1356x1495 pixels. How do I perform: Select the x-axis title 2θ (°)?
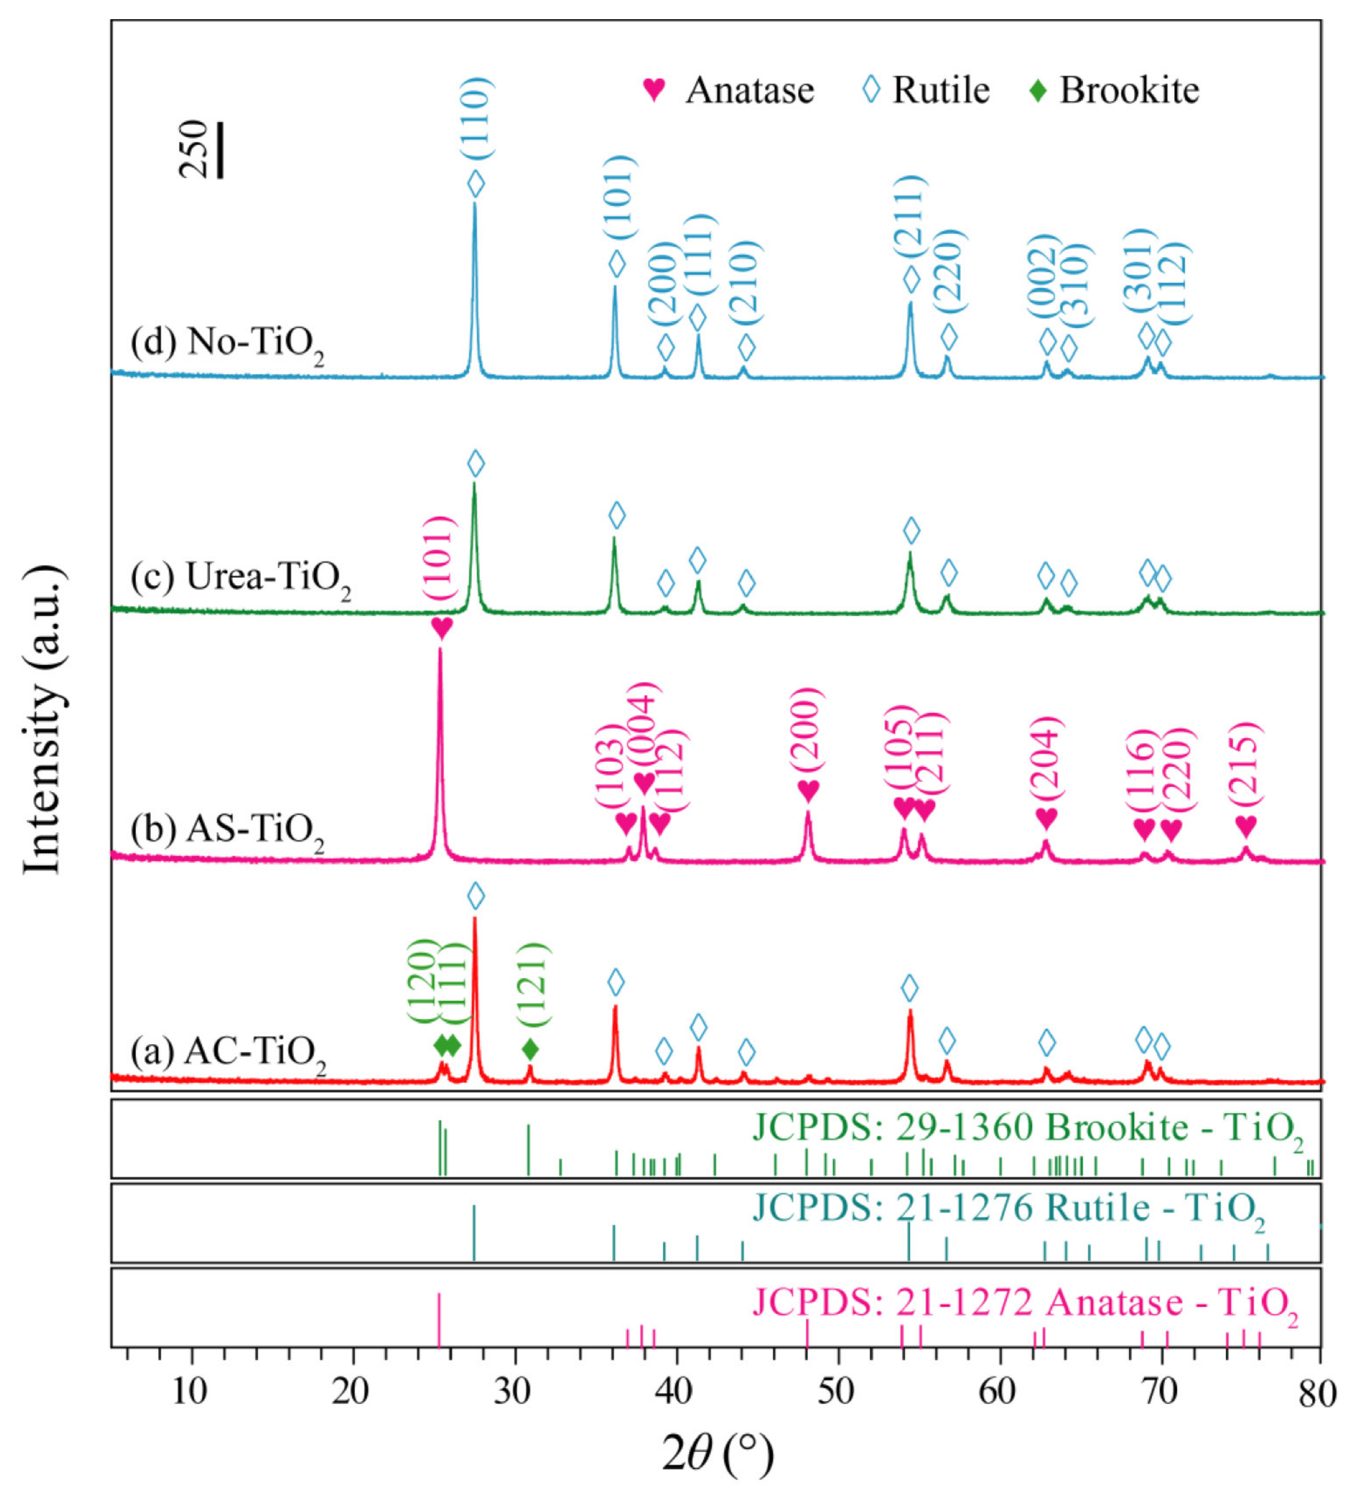tap(716, 1455)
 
